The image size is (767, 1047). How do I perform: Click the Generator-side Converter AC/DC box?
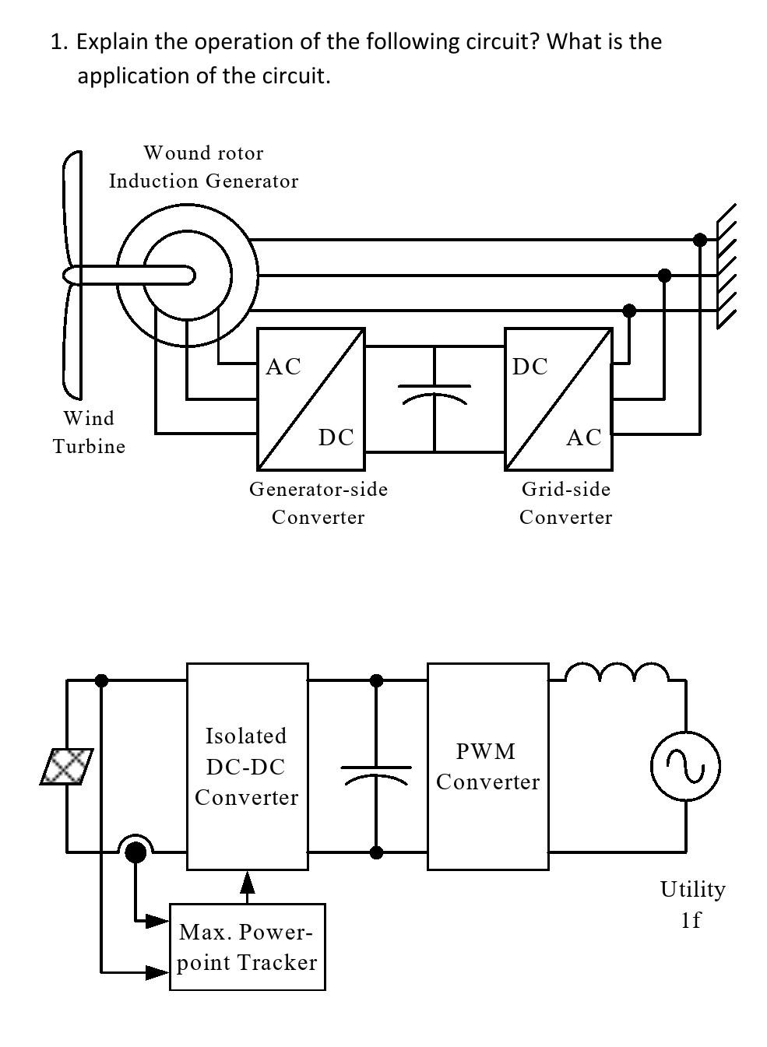[x=311, y=399]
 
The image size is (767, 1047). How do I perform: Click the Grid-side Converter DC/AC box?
[x=558, y=399]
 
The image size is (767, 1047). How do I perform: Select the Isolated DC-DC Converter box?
[x=247, y=766]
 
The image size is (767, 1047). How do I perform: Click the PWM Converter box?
[x=487, y=766]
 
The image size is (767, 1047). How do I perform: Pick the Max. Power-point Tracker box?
[x=247, y=947]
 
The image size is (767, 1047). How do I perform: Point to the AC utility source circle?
[x=685, y=766]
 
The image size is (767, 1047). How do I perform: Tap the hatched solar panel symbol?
[x=67, y=766]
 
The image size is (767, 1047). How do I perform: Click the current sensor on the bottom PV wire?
[x=135, y=851]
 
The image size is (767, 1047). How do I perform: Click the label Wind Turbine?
[x=89, y=432]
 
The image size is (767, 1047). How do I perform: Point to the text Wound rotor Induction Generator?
[x=203, y=167]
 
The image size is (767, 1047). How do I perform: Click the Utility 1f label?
[x=691, y=904]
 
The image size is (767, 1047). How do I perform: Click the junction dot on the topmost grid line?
[x=699, y=240]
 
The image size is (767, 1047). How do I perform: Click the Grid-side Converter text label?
[x=566, y=503]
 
